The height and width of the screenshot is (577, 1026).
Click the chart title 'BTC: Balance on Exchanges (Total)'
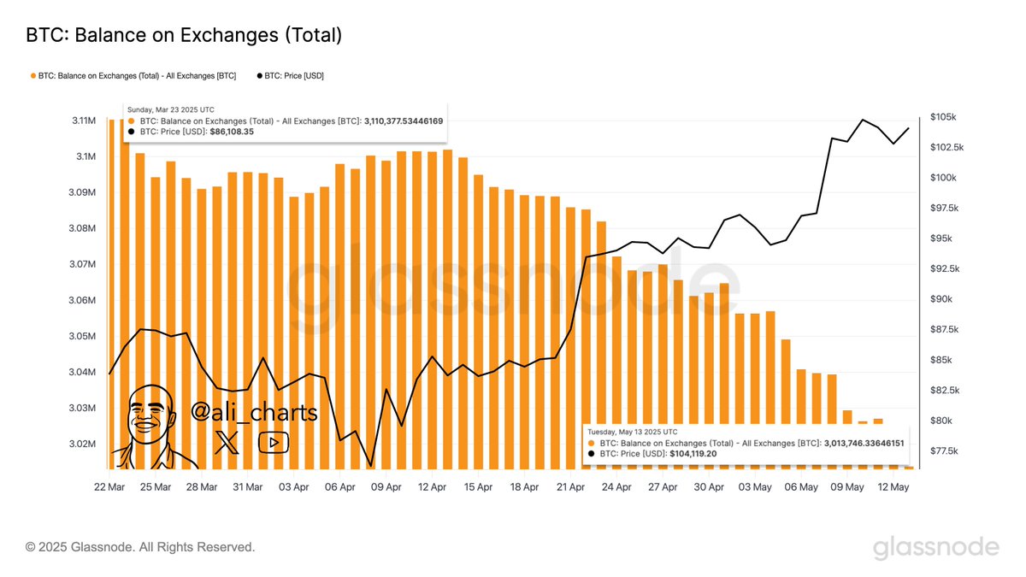(x=184, y=35)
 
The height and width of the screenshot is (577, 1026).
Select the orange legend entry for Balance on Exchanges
(x=133, y=76)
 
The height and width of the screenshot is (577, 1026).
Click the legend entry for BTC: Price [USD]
(x=290, y=76)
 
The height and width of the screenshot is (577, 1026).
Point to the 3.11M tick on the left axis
(x=84, y=121)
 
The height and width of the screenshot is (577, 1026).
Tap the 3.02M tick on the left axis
(x=84, y=444)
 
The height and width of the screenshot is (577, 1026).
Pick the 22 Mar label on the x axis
(x=110, y=487)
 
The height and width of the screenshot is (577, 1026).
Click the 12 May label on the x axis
(x=893, y=487)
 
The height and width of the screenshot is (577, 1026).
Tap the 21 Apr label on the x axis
(x=570, y=487)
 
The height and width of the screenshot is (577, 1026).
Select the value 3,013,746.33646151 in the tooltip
(x=864, y=444)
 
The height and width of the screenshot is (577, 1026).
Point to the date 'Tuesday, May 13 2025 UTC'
(x=633, y=433)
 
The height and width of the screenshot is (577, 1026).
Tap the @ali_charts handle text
(x=254, y=413)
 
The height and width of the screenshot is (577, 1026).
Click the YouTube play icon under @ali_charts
(x=274, y=442)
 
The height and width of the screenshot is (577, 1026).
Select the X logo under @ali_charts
(x=227, y=442)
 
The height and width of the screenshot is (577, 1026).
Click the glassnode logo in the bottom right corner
(x=935, y=547)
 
